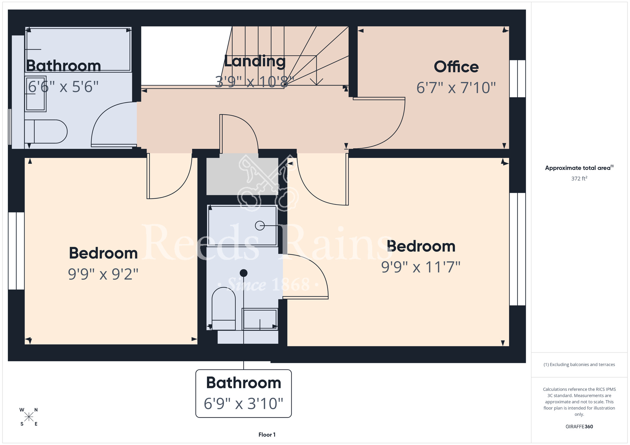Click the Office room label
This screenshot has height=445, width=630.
(456, 67)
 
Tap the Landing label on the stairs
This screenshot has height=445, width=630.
(255, 61)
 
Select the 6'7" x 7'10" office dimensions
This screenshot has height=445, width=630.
(456, 88)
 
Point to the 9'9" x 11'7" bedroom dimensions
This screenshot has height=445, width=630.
(421, 267)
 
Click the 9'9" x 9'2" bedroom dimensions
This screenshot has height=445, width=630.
(103, 274)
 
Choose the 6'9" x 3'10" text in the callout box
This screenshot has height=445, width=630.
(243, 404)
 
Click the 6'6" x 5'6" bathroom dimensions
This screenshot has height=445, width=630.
(63, 87)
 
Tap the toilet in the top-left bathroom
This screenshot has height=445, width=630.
(46, 132)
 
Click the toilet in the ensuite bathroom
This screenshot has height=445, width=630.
(224, 308)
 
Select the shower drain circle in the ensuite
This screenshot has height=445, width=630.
(260, 226)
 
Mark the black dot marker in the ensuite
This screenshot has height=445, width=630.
(243, 273)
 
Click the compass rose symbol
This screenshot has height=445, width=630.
(29, 417)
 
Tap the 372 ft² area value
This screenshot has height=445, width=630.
(579, 178)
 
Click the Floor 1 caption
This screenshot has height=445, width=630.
(267, 435)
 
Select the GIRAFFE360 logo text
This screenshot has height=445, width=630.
(579, 427)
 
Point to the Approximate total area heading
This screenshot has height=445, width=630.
(579, 168)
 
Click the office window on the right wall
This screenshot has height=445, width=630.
(518, 79)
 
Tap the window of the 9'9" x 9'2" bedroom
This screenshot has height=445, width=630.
(16, 251)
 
